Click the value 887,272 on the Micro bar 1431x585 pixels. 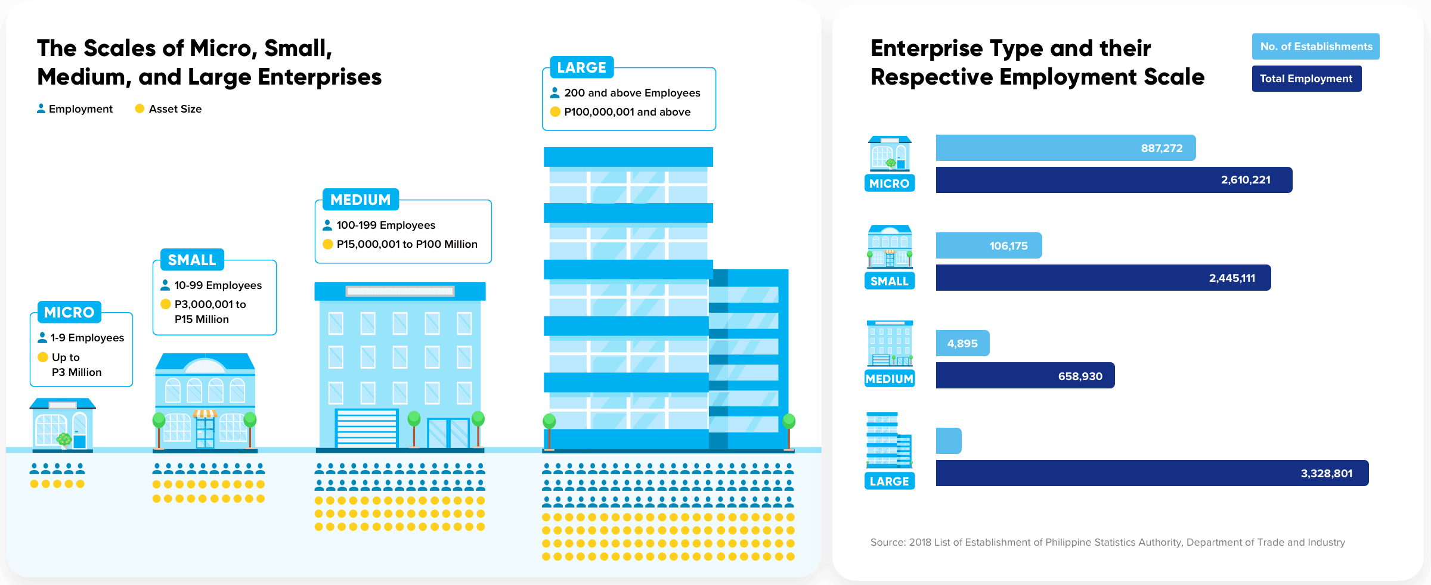pos(1161,148)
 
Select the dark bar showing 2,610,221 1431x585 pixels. pos(1113,180)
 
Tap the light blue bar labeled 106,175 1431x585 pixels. pos(989,245)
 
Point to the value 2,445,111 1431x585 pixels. pos(1232,278)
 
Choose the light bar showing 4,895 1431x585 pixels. pos(962,343)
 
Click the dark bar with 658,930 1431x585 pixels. pos(1025,376)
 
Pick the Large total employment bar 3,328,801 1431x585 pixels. pos(1151,473)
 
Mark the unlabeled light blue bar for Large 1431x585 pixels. pos(949,441)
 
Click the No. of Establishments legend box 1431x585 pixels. pos(1315,46)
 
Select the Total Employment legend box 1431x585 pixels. pos(1306,79)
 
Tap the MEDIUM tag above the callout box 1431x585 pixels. pos(360,200)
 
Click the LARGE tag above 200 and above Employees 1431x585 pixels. pos(581,67)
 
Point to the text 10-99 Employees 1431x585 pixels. pos(218,285)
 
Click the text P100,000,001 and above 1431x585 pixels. pos(627,112)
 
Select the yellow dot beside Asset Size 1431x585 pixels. pos(140,108)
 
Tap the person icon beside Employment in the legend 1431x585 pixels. pos(41,108)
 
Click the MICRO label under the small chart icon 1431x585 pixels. pos(889,183)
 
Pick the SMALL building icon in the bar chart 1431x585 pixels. pos(890,247)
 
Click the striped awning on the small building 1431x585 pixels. pos(205,413)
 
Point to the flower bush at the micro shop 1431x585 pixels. pos(64,440)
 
